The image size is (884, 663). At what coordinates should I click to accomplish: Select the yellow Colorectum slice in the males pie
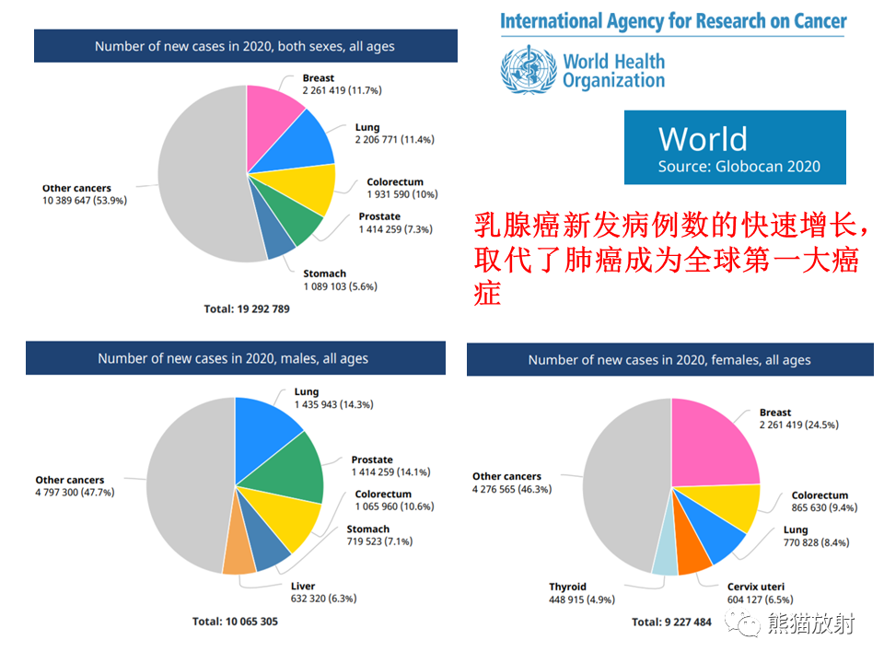(287, 516)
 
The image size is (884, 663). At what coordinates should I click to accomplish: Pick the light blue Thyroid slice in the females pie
(665, 547)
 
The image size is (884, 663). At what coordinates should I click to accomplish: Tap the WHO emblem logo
(529, 70)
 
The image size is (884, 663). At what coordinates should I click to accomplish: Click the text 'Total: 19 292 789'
(247, 309)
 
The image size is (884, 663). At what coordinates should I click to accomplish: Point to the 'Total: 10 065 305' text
(235, 622)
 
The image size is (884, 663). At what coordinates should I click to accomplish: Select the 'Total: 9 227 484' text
(671, 622)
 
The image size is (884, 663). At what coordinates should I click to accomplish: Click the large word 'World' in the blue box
(703, 139)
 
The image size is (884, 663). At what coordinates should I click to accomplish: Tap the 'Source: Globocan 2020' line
(739, 167)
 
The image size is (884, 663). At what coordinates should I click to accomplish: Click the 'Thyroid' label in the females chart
(568, 587)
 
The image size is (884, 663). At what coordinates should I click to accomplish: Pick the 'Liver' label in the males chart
(303, 587)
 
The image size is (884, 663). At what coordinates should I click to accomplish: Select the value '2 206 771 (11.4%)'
(395, 139)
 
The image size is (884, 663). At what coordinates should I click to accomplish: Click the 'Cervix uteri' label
(755, 587)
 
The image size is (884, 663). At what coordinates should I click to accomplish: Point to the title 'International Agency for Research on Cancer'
(673, 21)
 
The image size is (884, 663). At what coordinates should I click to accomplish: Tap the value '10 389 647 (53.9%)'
(85, 200)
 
